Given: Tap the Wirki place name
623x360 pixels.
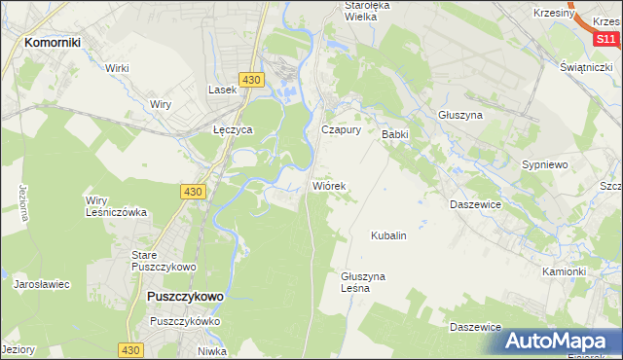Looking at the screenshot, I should (x=118, y=68).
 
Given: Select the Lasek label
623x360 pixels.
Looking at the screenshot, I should (x=223, y=90).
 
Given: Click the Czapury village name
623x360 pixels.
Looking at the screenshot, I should (x=342, y=128).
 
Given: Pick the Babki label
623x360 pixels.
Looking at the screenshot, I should (x=394, y=134).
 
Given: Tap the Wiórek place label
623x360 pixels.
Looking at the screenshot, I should (x=329, y=185).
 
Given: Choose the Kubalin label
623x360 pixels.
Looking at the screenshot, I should (x=387, y=235).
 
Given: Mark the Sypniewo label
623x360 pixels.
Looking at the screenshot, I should (x=545, y=165).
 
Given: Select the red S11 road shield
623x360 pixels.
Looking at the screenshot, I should (x=606, y=39).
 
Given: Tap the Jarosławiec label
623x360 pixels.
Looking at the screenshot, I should (x=42, y=285).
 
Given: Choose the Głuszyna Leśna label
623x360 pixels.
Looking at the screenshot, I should (x=363, y=282).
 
